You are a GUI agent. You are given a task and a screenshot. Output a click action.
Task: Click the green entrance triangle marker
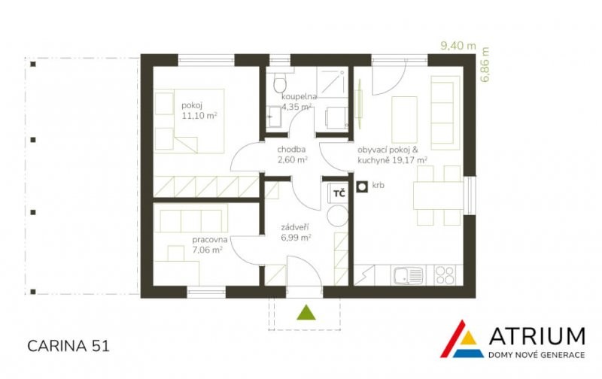[x=306, y=313]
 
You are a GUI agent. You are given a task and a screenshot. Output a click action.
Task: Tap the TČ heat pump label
[x=339, y=193]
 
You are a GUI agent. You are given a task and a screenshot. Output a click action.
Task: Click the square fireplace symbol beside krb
[x=362, y=186]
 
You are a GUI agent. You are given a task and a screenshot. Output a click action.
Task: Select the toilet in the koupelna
[x=280, y=82]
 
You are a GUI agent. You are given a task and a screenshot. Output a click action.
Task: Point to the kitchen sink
[x=408, y=275]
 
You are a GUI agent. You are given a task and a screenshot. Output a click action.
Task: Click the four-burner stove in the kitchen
[x=445, y=275]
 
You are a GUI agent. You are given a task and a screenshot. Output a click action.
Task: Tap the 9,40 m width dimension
[x=458, y=46]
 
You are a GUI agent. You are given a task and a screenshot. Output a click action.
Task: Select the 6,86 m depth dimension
[x=485, y=64]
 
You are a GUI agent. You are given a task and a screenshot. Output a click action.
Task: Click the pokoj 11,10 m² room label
[x=199, y=111]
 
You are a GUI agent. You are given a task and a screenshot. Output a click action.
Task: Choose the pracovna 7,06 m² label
[x=210, y=244]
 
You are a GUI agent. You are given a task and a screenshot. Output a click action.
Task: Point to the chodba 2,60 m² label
[x=292, y=155]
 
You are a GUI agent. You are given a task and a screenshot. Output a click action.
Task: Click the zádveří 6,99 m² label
[x=296, y=232]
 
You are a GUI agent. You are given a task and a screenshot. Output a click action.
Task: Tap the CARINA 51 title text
[x=68, y=346]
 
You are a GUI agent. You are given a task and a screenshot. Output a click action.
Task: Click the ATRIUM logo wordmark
[x=537, y=336]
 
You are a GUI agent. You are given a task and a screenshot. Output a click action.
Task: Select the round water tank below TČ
[x=337, y=215]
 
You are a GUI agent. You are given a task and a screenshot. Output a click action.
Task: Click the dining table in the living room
[x=439, y=196]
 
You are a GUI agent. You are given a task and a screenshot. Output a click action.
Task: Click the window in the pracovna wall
[x=206, y=292]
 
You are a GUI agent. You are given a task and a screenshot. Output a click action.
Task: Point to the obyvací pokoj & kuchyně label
[x=393, y=155]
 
